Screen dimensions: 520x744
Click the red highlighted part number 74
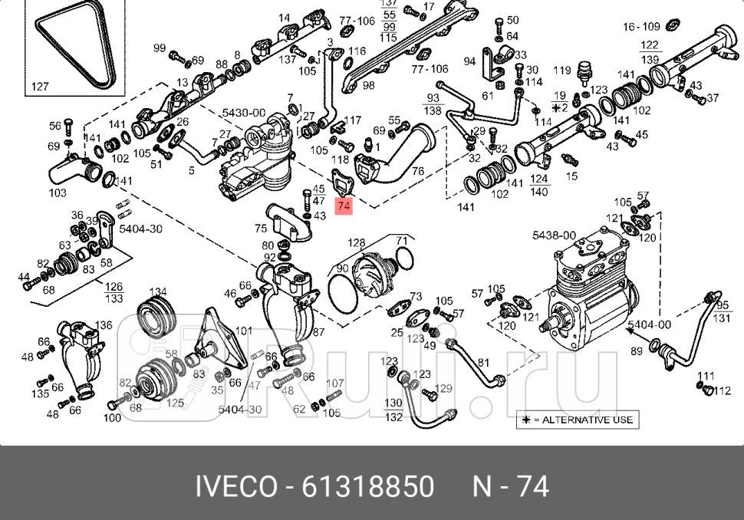pyautogui.click(x=344, y=206)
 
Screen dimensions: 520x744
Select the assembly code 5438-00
pyautogui.click(x=554, y=235)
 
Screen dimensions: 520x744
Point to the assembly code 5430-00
pyautogui.click(x=244, y=113)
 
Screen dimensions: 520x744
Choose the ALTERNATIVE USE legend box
pyautogui.click(x=576, y=420)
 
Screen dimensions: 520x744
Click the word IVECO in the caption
pyautogui.click(x=236, y=486)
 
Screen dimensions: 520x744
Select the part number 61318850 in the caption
pyautogui.click(x=367, y=486)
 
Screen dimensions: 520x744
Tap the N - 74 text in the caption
pyautogui.click(x=510, y=486)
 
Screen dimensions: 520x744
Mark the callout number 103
pyautogui.click(x=58, y=193)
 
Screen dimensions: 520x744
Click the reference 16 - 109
pyautogui.click(x=641, y=26)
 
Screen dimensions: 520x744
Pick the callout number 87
pyautogui.click(x=318, y=332)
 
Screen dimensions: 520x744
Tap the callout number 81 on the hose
pyautogui.click(x=482, y=362)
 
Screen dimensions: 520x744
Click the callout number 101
pyautogui.click(x=243, y=331)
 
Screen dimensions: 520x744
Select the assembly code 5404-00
pyautogui.click(x=649, y=324)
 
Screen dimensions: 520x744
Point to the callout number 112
pyautogui.click(x=722, y=390)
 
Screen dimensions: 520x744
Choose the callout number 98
pyautogui.click(x=368, y=85)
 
